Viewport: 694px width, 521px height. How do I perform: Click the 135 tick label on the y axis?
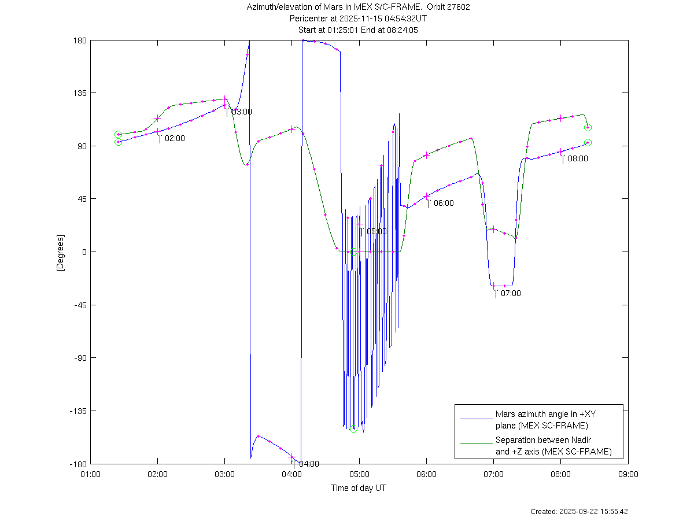click(79, 93)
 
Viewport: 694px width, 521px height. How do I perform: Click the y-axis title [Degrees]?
click(60, 252)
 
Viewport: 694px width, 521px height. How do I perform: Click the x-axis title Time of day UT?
click(359, 488)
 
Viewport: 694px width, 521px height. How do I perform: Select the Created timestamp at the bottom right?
click(579, 512)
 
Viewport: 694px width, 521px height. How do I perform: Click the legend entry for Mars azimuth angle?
click(541, 420)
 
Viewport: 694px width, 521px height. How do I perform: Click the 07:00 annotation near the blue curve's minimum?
click(511, 293)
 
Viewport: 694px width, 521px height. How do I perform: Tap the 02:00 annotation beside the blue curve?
click(175, 139)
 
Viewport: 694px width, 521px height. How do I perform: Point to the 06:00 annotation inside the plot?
click(444, 203)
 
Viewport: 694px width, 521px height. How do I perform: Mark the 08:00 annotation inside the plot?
click(578, 158)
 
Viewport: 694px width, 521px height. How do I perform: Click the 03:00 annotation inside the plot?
click(242, 112)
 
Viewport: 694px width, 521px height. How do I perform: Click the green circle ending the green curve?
click(588, 128)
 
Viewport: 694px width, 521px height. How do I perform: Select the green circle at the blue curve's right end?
click(588, 143)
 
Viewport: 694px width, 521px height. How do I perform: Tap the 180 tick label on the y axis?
click(79, 40)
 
